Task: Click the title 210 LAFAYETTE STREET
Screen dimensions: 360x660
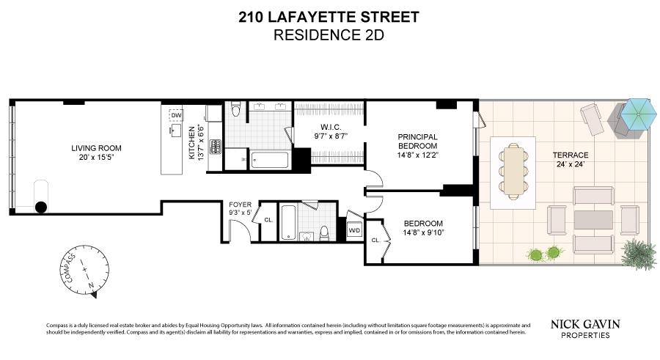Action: [329, 17]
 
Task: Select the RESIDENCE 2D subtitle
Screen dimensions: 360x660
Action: [329, 34]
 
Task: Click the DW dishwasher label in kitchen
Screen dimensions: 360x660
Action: [176, 116]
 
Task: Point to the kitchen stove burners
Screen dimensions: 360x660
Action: [215, 146]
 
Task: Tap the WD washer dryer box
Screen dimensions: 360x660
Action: [354, 229]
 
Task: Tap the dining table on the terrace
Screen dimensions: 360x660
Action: [514, 166]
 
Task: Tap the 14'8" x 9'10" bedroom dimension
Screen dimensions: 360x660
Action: [422, 232]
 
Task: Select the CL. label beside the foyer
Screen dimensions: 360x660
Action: [268, 219]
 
